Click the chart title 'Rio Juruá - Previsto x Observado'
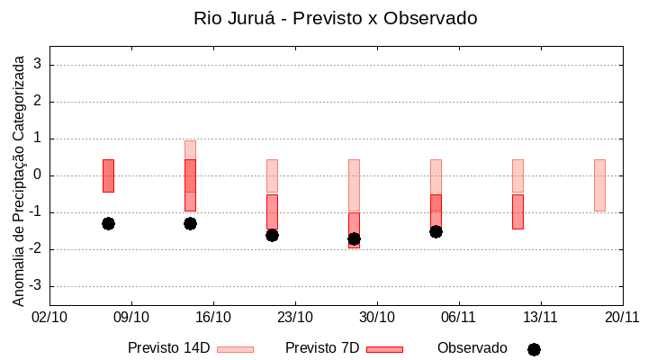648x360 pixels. tap(335, 18)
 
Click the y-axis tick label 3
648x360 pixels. tap(38, 65)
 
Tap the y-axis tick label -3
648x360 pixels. tap(35, 286)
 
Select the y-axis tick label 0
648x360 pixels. tap(38, 175)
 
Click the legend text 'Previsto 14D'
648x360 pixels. tap(168, 348)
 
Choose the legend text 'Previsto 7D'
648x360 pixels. tap(322, 348)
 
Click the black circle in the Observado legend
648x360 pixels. tap(534, 349)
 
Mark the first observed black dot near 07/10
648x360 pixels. tap(108, 223)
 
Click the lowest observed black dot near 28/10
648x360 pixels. tap(354, 239)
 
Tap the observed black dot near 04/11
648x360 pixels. tap(436, 231)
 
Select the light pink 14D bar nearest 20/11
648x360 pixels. tap(599, 185)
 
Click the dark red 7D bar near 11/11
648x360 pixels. tap(517, 211)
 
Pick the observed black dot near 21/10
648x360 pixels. tap(272, 235)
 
